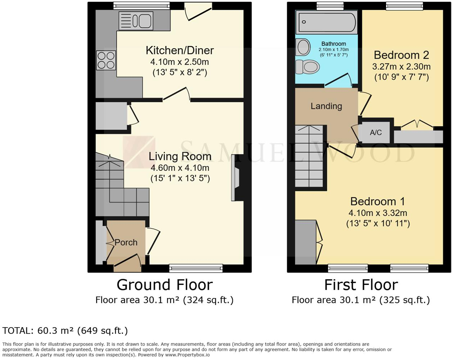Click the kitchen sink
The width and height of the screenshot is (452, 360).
(x=136, y=20)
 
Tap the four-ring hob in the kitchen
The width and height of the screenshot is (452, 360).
(x=106, y=60)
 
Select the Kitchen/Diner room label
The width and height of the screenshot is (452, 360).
(x=180, y=50)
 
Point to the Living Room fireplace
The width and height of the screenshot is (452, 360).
(x=236, y=178)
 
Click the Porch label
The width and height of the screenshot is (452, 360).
(x=126, y=242)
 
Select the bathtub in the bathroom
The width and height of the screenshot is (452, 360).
(x=327, y=22)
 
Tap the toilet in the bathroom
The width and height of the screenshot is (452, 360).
(x=307, y=67)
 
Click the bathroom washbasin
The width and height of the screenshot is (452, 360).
(x=303, y=47)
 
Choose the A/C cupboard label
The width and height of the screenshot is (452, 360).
(x=376, y=132)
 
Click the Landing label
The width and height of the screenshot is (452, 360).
(x=326, y=106)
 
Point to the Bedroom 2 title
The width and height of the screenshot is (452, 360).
(x=401, y=55)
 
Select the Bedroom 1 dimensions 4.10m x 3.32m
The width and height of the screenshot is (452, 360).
(x=378, y=213)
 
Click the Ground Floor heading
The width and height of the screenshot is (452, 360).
(x=165, y=285)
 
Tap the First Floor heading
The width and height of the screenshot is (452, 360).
(x=361, y=285)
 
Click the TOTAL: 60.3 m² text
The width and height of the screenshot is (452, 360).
(x=65, y=331)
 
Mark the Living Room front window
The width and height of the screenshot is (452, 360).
(x=196, y=268)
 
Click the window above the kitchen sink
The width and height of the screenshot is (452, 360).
(x=141, y=5)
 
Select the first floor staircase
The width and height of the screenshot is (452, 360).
(x=309, y=156)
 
